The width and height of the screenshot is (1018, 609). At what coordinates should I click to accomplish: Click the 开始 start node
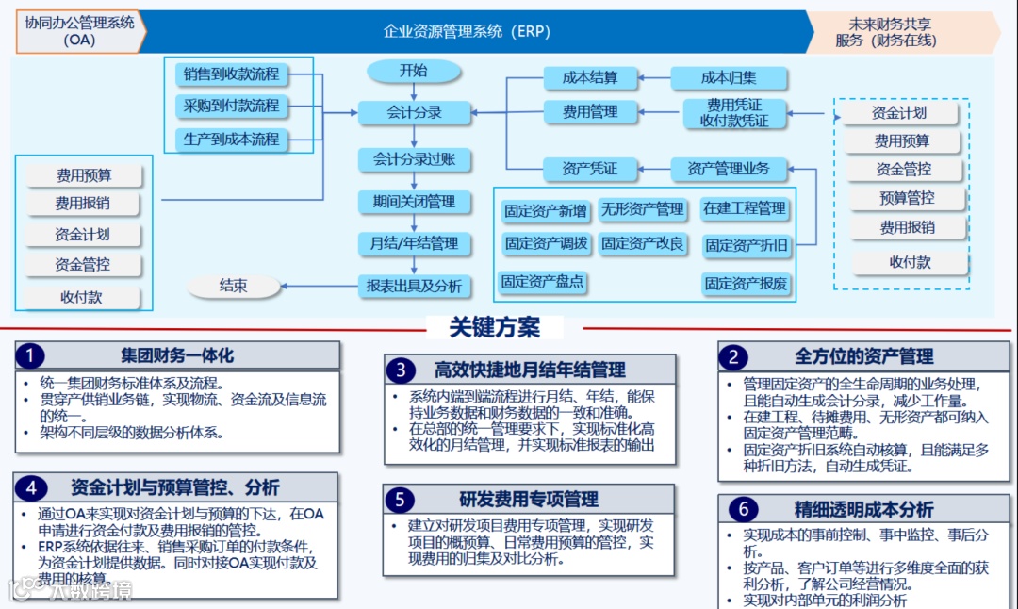[x=413, y=71]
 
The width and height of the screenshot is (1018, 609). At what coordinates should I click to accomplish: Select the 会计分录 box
[x=414, y=112]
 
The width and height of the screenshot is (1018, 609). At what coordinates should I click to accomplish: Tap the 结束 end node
[x=233, y=286]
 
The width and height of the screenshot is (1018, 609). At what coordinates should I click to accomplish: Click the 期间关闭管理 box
[x=414, y=201]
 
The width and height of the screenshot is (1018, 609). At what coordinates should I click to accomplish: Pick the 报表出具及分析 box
[x=414, y=286]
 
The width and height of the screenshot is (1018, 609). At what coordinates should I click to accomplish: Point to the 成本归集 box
[x=729, y=78]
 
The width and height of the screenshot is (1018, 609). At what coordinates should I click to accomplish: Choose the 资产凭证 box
[x=589, y=169]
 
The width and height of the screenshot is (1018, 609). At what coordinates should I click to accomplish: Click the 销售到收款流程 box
[x=232, y=74]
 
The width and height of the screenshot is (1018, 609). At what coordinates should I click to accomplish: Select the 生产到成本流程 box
[x=232, y=139]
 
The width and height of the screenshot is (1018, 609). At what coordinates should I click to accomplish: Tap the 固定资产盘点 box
[x=542, y=281]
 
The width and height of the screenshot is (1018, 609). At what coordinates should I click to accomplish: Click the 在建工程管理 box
[x=744, y=207]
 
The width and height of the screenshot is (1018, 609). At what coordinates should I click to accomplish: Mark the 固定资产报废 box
[x=746, y=283]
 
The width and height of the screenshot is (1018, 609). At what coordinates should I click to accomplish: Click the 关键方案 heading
[x=494, y=327]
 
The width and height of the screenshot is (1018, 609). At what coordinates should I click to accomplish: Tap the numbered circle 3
[x=401, y=370]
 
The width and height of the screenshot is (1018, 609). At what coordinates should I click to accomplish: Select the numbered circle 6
[x=742, y=510]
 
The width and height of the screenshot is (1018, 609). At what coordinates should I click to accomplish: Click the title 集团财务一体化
[x=177, y=355]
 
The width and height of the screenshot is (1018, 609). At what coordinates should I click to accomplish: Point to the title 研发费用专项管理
[x=529, y=499]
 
